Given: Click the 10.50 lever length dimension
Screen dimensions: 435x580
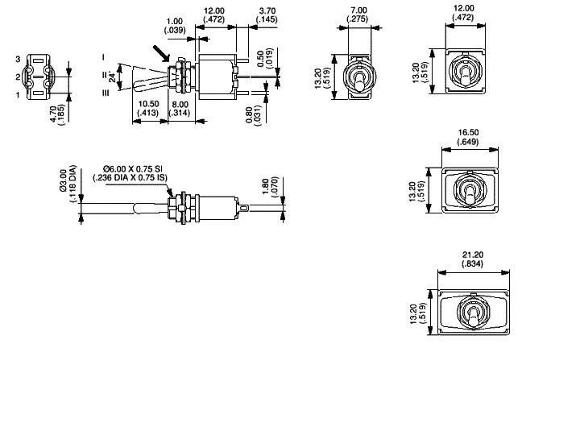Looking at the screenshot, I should tap(149, 109).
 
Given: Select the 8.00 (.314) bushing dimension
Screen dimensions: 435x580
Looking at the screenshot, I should tap(180, 109).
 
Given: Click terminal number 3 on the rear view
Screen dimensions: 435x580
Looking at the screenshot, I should tap(17, 60).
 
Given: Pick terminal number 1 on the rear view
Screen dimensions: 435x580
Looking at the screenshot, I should tap(17, 95).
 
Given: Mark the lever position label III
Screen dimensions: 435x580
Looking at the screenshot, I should tap(104, 94).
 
